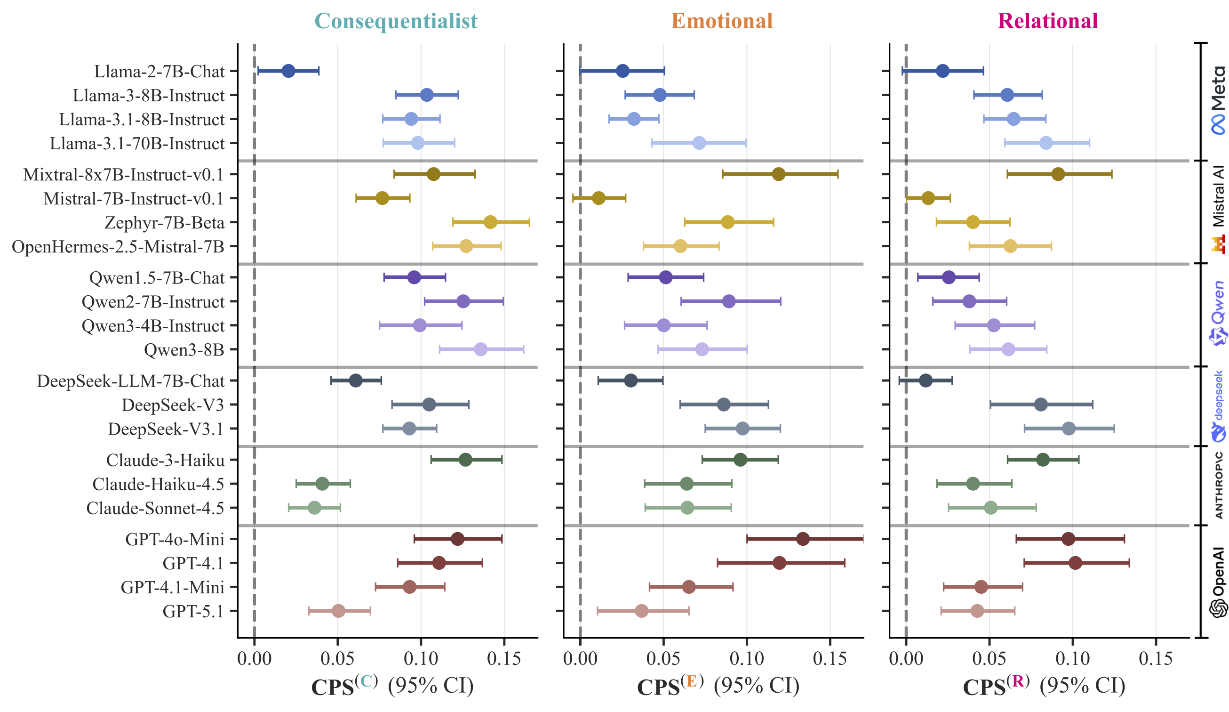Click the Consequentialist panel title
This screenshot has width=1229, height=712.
click(396, 21)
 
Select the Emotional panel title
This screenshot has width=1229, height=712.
click(722, 21)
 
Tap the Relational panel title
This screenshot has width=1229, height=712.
click(1047, 21)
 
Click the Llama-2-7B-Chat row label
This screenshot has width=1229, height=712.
click(159, 72)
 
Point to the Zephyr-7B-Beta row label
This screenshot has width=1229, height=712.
click(164, 223)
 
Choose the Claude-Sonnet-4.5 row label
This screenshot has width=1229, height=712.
click(155, 509)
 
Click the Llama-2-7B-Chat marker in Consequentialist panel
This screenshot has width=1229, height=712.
click(288, 71)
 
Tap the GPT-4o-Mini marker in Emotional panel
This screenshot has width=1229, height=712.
click(803, 539)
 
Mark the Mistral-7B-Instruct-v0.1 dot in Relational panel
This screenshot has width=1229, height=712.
click(928, 198)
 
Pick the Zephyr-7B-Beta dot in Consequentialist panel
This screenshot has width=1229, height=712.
click(490, 222)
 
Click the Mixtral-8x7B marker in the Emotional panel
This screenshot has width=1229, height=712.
click(779, 174)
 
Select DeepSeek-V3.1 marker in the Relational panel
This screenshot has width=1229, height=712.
click(1069, 429)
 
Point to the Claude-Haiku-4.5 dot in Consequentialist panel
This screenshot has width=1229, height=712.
click(322, 484)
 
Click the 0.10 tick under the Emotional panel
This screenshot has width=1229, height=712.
click(746, 659)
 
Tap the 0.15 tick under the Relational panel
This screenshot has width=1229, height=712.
click(1155, 659)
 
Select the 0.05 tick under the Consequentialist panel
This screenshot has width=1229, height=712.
click(337, 659)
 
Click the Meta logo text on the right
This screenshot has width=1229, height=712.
click(1218, 88)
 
